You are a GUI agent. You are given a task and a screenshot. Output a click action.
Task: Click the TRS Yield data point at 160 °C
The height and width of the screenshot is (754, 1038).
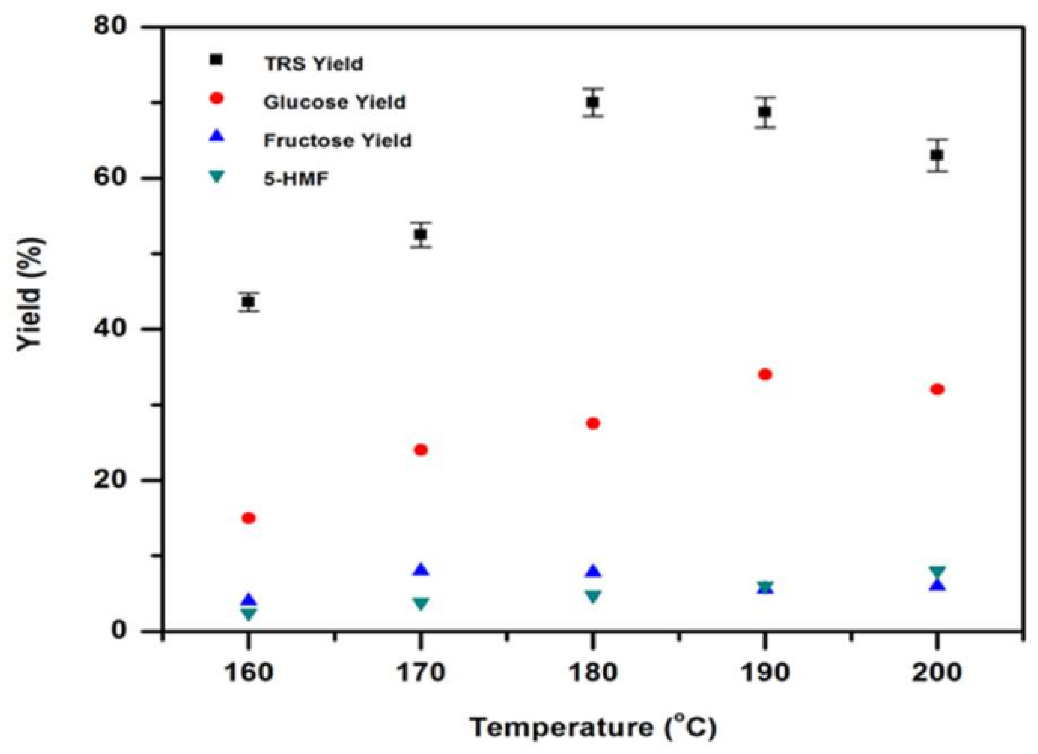click(x=248, y=302)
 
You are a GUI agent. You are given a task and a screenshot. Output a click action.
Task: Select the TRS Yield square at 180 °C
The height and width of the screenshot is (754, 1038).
click(x=593, y=102)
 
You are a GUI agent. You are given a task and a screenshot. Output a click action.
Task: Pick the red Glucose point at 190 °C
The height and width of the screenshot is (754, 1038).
click(x=765, y=375)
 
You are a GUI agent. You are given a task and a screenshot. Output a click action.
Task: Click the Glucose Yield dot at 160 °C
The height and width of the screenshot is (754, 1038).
click(x=248, y=518)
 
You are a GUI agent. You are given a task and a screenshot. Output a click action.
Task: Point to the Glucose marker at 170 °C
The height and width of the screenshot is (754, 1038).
click(x=421, y=450)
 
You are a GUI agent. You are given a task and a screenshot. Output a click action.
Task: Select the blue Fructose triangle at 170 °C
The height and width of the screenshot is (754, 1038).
click(x=421, y=570)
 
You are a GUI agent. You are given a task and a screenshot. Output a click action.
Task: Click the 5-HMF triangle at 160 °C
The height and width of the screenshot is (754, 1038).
click(x=248, y=614)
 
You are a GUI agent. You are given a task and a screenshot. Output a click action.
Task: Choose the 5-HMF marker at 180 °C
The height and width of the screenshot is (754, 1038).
click(x=593, y=597)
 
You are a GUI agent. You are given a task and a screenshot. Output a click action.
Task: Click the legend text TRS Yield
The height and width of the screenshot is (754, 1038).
click(x=313, y=64)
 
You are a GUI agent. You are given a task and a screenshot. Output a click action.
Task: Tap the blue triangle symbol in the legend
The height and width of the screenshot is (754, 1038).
click(x=217, y=136)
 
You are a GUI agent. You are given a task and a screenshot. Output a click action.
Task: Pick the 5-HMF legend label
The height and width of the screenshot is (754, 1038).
click(x=296, y=179)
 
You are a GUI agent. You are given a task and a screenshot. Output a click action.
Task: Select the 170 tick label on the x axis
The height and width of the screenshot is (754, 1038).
click(x=421, y=673)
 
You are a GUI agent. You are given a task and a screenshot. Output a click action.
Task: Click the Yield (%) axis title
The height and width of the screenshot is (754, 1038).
click(x=31, y=294)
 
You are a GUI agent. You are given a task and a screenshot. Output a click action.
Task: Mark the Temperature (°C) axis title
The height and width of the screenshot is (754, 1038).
click(x=593, y=727)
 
